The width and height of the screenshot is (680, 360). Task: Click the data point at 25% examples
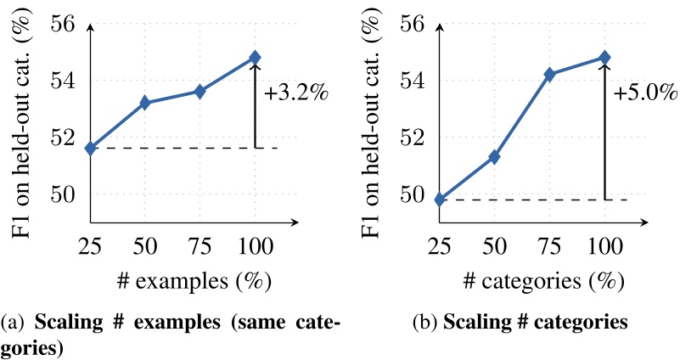coord(91,148)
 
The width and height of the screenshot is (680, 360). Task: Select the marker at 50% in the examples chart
coord(145,103)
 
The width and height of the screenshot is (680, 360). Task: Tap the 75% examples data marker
coord(200,91)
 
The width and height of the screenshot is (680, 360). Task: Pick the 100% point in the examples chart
coord(255,58)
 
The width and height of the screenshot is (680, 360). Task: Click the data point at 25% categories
coord(439,200)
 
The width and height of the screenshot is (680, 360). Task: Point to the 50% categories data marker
coord(494,157)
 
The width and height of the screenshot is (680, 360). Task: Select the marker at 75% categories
coord(549,75)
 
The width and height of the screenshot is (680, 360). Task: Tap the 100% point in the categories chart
coord(604,58)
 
